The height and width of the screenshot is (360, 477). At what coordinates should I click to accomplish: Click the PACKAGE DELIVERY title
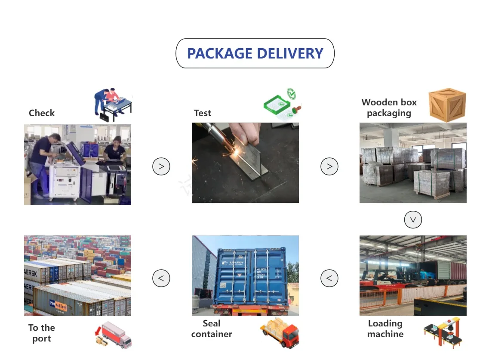point(255,53)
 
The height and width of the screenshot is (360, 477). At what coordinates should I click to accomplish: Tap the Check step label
point(42,113)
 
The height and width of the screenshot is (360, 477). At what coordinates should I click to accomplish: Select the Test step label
point(203,113)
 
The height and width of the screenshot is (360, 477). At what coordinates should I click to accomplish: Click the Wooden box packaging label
point(389,108)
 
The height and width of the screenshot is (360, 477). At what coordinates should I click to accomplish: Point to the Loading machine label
point(385,329)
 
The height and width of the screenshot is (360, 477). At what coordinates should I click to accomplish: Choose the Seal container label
point(212,329)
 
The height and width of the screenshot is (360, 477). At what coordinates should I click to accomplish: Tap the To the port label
point(42,333)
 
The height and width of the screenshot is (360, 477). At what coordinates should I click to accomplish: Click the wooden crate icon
point(447,105)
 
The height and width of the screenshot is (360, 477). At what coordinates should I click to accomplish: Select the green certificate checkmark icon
point(283,104)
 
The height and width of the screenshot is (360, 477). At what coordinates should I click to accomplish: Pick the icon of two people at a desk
point(113,104)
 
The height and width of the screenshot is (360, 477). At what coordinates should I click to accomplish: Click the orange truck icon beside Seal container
point(280,332)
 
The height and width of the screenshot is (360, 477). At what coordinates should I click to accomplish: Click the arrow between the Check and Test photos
point(161,166)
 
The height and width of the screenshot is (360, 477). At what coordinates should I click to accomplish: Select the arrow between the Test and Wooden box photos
point(329,166)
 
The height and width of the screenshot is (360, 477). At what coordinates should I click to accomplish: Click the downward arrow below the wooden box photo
point(413,220)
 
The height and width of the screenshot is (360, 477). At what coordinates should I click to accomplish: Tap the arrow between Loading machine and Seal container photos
point(329,278)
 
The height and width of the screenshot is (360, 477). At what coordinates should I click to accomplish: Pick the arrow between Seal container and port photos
point(161,278)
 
